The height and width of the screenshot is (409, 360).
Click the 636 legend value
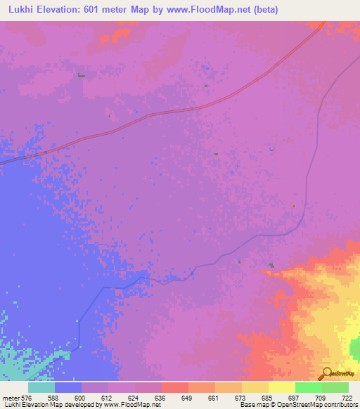[161, 398]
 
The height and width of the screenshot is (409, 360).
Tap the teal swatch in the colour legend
[41, 387]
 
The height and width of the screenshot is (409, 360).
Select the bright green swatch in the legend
[309, 387]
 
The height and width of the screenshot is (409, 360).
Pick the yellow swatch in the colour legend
[282, 387]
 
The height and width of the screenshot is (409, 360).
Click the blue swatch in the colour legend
[68, 387]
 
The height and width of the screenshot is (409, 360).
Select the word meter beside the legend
[11, 398]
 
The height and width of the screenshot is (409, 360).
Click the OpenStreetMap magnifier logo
[326, 374]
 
